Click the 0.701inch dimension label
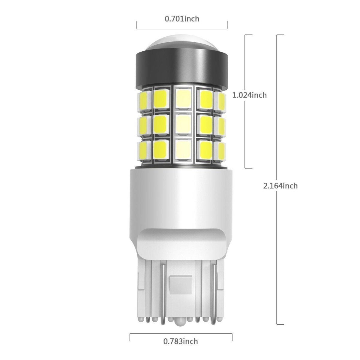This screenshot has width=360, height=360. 182,19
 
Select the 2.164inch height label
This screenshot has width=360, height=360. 280,186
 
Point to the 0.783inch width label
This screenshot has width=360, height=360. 181,341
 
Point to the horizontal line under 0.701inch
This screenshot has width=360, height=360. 182,29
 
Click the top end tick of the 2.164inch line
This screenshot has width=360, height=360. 280,35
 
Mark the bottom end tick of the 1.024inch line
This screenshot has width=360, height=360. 248,168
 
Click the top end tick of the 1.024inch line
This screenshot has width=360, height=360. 248,35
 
